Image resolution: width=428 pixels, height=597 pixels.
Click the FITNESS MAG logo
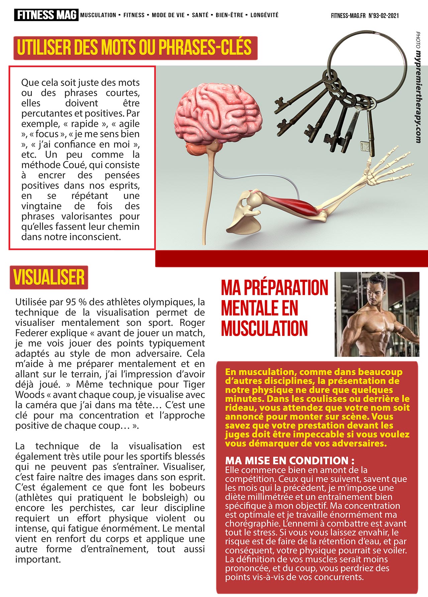coord(46,15)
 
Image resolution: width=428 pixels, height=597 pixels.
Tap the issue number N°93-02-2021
coord(384,15)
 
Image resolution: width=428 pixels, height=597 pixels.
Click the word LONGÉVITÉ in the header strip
coord(264,15)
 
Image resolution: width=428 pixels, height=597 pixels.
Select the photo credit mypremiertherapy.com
coord(418,97)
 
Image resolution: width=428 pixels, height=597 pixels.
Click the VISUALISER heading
coord(49,277)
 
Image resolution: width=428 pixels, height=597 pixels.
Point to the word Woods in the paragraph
coord(30,395)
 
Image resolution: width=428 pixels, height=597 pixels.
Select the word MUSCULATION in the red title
coord(264,329)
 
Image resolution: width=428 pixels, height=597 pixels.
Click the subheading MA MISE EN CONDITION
coord(290,461)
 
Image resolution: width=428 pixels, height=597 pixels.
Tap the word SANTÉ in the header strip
coord(200,15)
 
